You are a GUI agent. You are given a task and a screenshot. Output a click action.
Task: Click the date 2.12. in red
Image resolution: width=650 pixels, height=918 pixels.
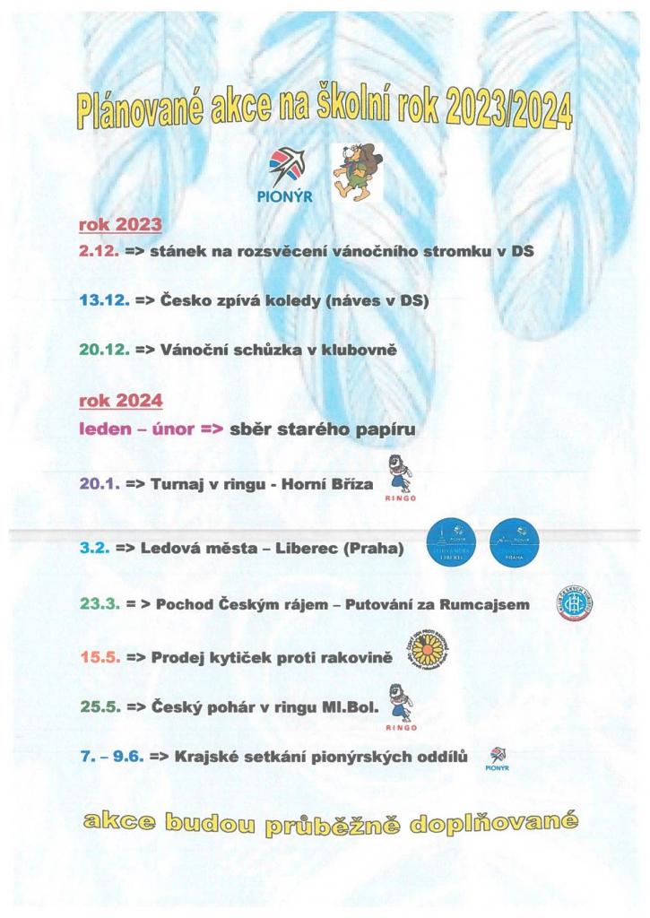click(x=100, y=253)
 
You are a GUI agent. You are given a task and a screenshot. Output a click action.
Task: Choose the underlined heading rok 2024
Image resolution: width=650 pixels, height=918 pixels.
click(x=121, y=400)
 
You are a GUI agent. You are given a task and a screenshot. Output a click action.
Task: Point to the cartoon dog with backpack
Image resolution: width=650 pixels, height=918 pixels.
click(x=356, y=173)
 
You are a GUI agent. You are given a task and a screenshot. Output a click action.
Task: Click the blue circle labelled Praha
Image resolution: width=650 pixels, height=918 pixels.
click(x=515, y=543)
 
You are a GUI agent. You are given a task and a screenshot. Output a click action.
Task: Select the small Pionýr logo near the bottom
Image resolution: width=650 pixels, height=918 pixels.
click(x=496, y=758)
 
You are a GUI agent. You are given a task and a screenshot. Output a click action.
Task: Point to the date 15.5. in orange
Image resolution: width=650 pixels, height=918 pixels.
click(x=100, y=658)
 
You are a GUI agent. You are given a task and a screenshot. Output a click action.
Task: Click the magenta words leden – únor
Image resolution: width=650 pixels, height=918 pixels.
click(x=135, y=429)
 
